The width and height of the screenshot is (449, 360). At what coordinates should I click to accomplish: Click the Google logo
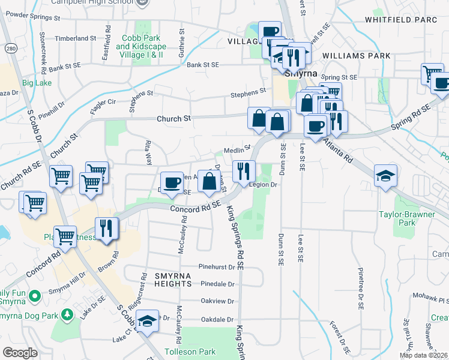pos(20,353)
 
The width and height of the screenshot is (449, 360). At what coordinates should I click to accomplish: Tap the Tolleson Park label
pos(189,352)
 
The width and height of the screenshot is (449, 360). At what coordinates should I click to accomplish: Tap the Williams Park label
pos(356,56)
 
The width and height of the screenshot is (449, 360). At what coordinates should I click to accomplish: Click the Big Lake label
pos(37,82)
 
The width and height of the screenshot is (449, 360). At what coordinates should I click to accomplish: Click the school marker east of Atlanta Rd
pos(385,176)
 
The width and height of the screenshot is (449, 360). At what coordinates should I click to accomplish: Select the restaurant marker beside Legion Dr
pos(244,172)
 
